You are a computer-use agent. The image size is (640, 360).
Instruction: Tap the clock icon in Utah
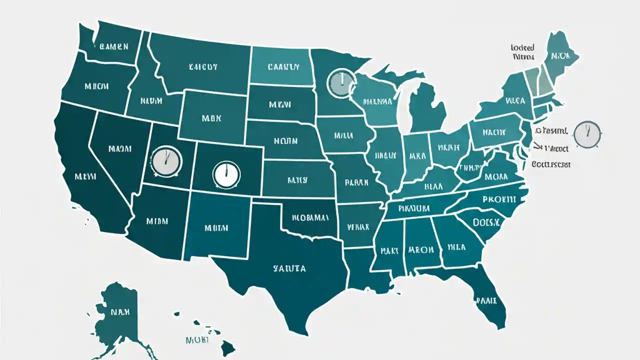point(165,161)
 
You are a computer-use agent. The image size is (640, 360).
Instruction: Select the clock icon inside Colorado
point(226,173)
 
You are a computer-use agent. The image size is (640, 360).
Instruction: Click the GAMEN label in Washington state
point(114,46)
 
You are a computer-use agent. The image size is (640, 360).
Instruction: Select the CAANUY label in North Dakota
point(283,66)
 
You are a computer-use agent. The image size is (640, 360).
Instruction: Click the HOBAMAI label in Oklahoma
point(310,217)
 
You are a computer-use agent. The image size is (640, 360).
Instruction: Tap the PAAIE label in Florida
point(485,300)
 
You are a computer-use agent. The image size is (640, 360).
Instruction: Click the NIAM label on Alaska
point(120,312)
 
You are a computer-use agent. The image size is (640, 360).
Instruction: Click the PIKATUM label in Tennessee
point(414,207)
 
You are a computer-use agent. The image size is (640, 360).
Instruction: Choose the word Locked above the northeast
point(522,48)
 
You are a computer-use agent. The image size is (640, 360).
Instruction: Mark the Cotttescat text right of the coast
point(550,164)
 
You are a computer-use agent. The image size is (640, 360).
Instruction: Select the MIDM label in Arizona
point(159,220)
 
